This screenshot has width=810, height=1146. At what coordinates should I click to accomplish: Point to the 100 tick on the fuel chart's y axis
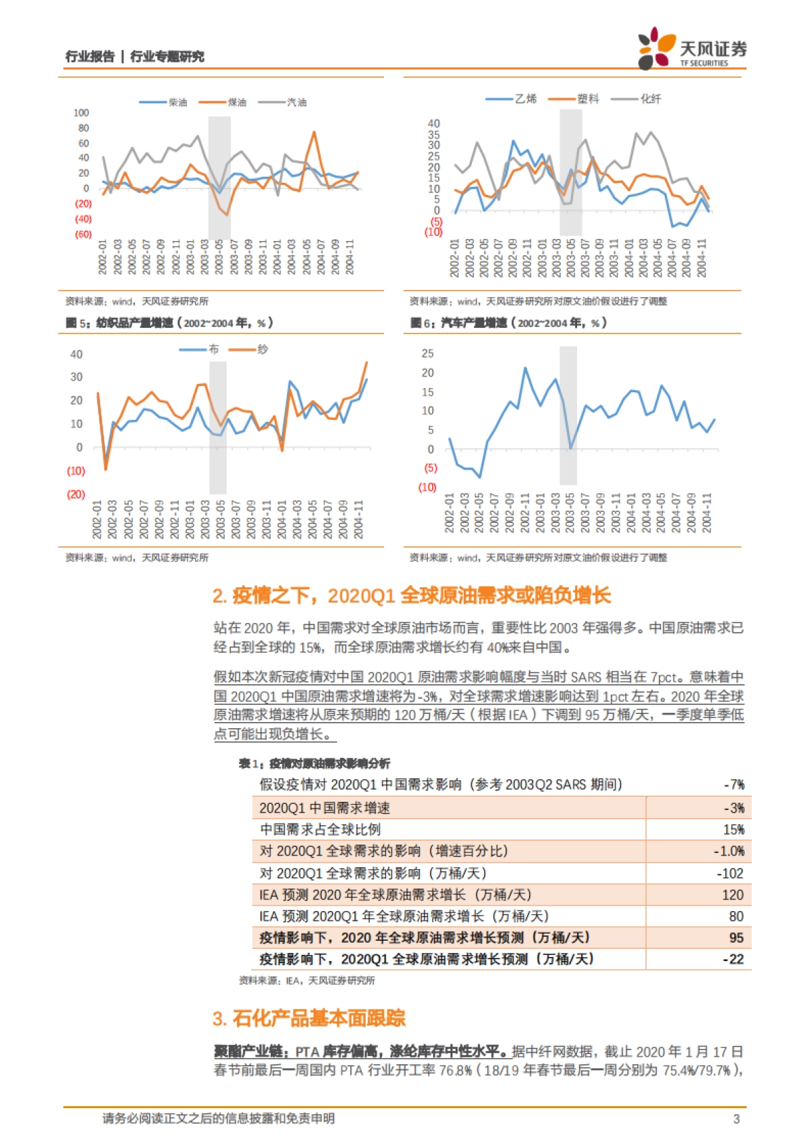[81, 113]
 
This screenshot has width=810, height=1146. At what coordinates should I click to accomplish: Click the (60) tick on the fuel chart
[83, 234]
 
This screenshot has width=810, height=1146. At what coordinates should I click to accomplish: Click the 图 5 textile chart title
[169, 323]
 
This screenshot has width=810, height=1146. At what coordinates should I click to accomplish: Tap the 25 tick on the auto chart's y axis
[427, 354]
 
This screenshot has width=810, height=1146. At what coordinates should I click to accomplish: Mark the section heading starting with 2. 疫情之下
[411, 595]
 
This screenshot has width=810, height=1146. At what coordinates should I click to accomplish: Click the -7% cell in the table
[734, 785]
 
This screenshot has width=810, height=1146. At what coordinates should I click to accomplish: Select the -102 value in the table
[730, 873]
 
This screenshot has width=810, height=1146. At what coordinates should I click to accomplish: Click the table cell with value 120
[733, 895]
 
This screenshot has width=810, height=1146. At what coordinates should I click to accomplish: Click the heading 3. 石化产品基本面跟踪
[308, 1018]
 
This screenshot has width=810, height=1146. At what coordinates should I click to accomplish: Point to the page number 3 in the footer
[736, 1119]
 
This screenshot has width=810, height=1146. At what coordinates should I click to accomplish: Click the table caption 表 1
[314, 763]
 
